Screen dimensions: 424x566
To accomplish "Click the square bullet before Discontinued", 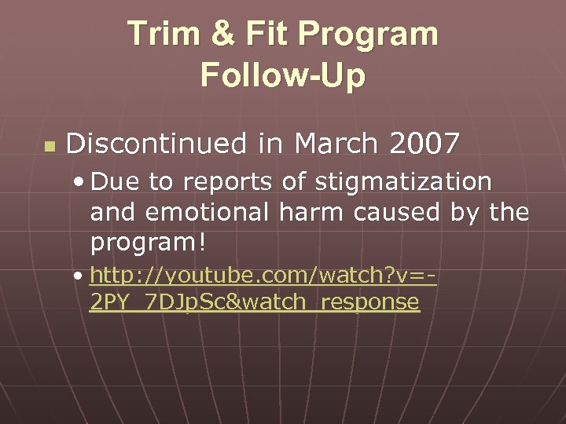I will click(x=49, y=146).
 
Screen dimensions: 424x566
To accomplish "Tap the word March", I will click(x=329, y=144).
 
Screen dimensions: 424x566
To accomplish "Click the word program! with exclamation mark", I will click(x=149, y=243).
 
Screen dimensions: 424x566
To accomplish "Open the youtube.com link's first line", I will click(x=263, y=276).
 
